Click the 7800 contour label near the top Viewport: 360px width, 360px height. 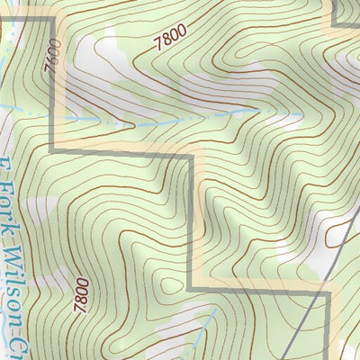click(x=170, y=40)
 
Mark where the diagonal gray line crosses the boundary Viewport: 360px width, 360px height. click(x=317, y=292)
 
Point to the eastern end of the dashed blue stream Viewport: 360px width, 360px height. click(x=261, y=109)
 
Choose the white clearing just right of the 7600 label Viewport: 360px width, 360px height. click(x=85, y=58)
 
